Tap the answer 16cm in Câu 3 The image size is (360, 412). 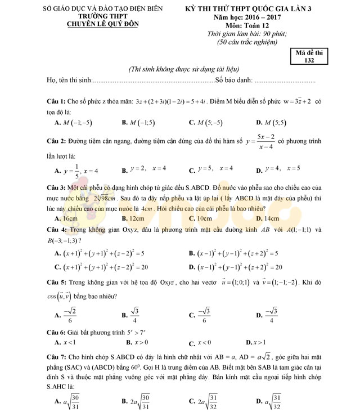point(67,218)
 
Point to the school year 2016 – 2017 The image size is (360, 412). point(247,17)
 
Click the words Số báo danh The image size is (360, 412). point(234,81)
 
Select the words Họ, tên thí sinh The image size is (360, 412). point(69,81)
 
